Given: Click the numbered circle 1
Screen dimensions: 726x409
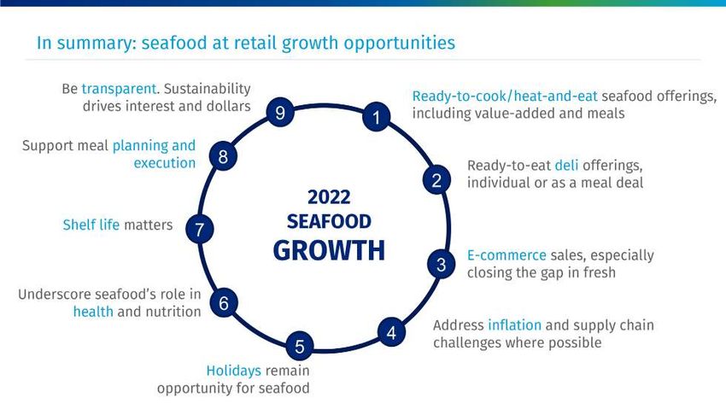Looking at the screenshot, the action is [376, 117].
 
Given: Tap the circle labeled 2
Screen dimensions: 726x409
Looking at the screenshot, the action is [436, 179].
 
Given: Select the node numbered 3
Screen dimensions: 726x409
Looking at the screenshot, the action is [441, 264].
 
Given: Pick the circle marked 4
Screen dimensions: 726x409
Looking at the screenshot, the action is [392, 332].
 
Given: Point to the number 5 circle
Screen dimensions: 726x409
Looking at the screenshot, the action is [300, 346].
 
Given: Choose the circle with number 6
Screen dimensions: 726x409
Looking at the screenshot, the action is [224, 302].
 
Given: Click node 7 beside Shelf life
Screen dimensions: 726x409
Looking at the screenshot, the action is [200, 229].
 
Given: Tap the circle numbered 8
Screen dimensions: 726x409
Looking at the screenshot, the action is [223, 156].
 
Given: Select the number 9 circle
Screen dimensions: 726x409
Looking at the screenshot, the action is [280, 112].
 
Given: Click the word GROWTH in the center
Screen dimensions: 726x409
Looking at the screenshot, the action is [329, 250].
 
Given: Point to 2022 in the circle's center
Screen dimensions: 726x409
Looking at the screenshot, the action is [329, 197].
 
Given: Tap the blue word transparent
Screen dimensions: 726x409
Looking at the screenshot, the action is [119, 88].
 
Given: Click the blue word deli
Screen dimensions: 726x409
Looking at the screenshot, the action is [567, 165].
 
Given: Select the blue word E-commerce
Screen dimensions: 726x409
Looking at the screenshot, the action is [506, 255].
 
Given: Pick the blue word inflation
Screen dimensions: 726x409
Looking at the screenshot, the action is [514, 324].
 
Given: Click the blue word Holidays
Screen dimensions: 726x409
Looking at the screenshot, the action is [234, 371].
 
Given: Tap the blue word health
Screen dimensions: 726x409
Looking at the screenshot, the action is [93, 312].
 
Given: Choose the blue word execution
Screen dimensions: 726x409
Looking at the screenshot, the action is [164, 163].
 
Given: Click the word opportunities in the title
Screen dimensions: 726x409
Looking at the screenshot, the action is [399, 43].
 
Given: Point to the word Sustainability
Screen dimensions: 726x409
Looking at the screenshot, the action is [208, 88].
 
